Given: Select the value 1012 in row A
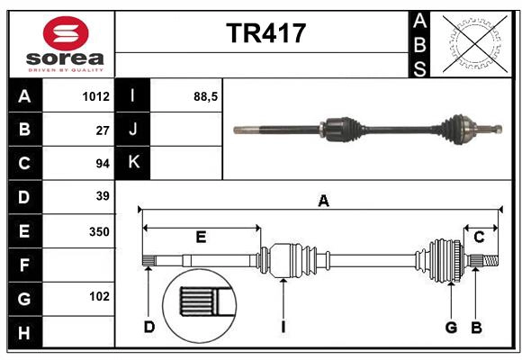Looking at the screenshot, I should click(x=94, y=96).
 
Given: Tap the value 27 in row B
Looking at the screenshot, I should click(x=102, y=130).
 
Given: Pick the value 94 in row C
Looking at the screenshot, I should click(x=102, y=163).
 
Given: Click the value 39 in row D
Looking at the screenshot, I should click(x=102, y=196).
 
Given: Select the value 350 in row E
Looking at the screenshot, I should click(x=99, y=231).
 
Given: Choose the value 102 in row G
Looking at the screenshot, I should click(x=99, y=296).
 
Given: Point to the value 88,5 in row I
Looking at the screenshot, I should click(x=206, y=96).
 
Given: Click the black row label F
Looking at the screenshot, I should click(x=24, y=265).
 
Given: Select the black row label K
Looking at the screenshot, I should click(x=133, y=163).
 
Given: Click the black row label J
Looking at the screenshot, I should click(x=133, y=130).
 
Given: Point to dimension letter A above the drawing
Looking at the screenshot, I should click(x=323, y=201).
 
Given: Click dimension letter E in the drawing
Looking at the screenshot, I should click(x=201, y=238).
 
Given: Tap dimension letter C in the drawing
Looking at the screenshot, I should click(x=480, y=238).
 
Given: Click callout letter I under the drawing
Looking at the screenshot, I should click(x=283, y=327).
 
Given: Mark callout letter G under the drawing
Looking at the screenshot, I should click(x=451, y=327).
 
